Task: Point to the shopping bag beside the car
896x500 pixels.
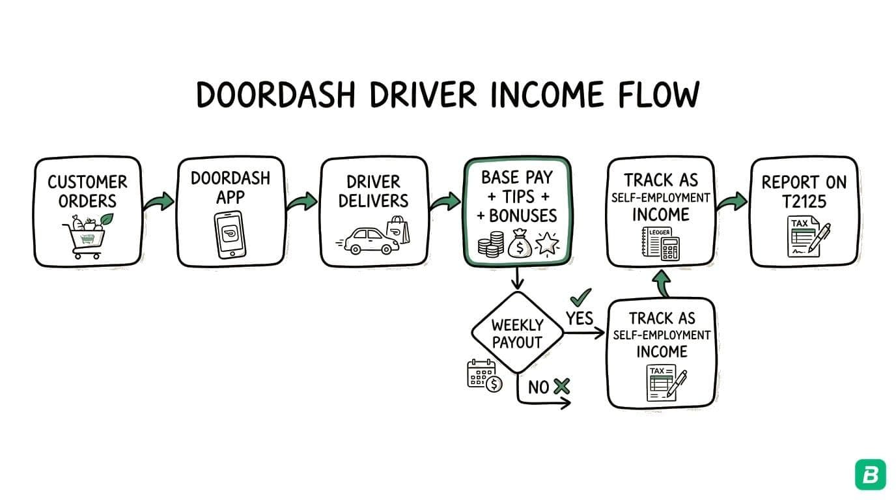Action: tap(399, 230)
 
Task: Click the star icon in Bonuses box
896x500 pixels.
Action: tap(547, 245)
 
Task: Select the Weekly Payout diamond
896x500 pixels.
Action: tap(518, 333)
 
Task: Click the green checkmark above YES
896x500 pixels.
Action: tap(580, 297)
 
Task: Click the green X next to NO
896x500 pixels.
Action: tap(561, 387)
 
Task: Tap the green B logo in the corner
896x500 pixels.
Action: tap(870, 474)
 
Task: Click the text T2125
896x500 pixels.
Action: tap(804, 201)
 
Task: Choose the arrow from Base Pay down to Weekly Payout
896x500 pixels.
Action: tap(518, 279)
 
